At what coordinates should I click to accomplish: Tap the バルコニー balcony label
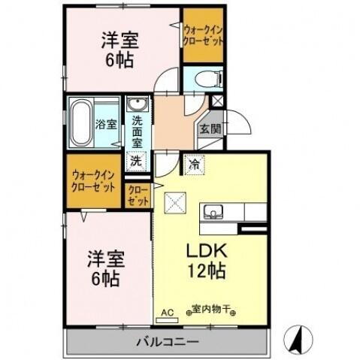167,342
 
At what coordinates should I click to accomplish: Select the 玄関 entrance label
210,129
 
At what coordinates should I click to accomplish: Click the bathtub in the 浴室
80,123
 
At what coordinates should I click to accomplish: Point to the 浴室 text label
104,124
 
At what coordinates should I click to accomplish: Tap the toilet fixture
204,79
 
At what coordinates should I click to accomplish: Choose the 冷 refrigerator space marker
194,162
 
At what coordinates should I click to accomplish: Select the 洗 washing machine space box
136,159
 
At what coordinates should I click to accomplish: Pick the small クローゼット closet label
139,196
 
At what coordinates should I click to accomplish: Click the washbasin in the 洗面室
138,105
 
